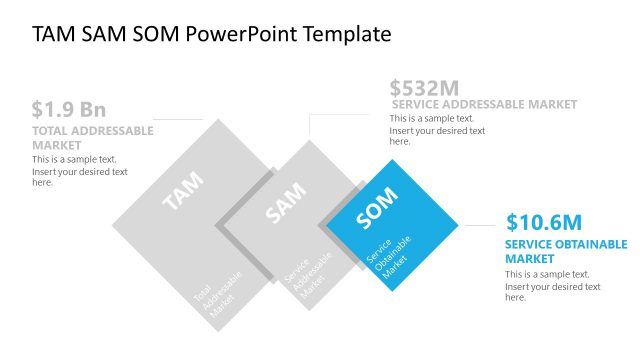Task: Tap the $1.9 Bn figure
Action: [68, 110]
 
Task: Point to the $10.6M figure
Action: [543, 222]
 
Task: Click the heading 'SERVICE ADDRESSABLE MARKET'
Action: [484, 104]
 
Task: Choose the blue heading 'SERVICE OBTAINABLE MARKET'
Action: [566, 251]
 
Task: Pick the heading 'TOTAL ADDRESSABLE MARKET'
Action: [92, 137]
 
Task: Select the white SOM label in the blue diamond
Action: [377, 208]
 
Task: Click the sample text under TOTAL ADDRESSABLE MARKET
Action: [79, 171]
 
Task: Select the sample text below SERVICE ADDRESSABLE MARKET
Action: [437, 130]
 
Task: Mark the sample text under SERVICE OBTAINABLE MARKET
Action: [552, 286]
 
